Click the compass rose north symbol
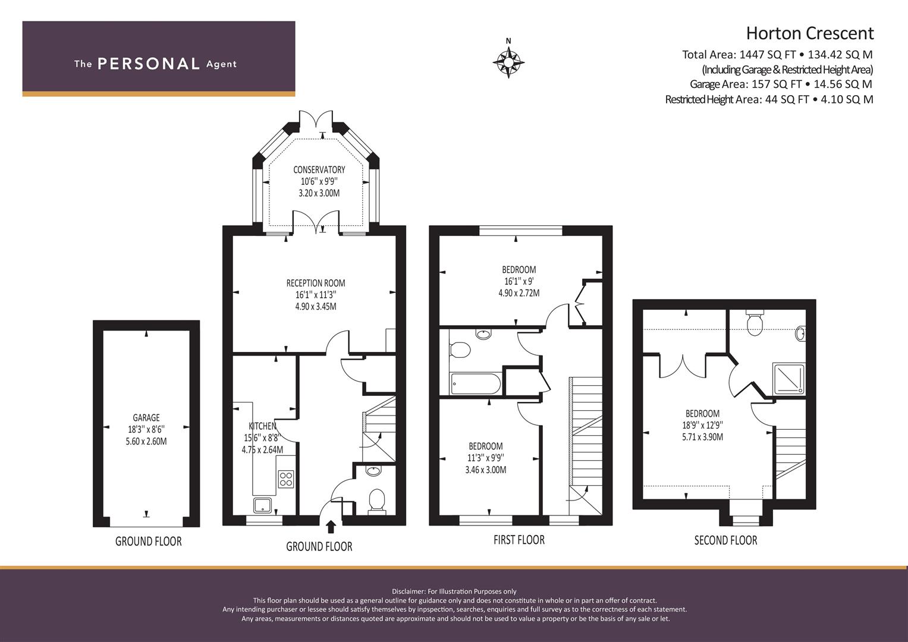pos(508,62)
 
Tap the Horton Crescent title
pos(810,33)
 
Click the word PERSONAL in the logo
pos(149,64)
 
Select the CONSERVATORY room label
pos(319,169)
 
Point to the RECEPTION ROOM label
pos(316,283)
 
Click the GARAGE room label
pos(146,417)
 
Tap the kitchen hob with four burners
pos(286,479)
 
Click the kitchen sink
pos(263,505)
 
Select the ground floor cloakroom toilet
pos(376,501)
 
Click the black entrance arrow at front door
pos(331,527)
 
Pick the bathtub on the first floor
pos(475,383)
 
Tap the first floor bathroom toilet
pos(460,350)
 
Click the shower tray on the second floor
pos(788,379)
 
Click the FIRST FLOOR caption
pos(519,540)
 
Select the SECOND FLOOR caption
pos(725,540)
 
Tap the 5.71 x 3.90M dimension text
pos(702,437)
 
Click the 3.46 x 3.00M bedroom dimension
pos(486,470)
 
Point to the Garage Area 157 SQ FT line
pos(781,84)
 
